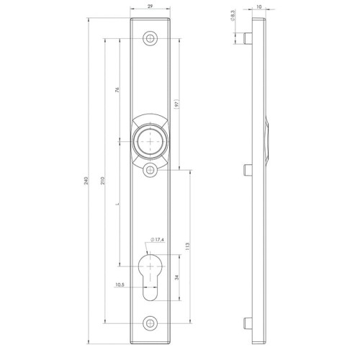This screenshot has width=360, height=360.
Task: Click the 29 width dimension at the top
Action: coord(150,6)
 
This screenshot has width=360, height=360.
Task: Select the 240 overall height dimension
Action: coord(86,181)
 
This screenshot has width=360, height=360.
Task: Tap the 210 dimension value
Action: coord(102,181)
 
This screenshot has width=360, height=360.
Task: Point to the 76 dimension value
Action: coord(117,90)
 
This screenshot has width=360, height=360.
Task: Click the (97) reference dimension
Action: coord(177,104)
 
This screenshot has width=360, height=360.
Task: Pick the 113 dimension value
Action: coord(188,246)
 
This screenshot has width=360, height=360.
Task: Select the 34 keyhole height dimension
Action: coord(177,278)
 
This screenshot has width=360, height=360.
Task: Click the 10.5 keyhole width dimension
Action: coord(120,285)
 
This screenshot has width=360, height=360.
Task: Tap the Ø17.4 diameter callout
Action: coord(158,240)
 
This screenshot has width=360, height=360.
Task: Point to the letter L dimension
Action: coord(117,204)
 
